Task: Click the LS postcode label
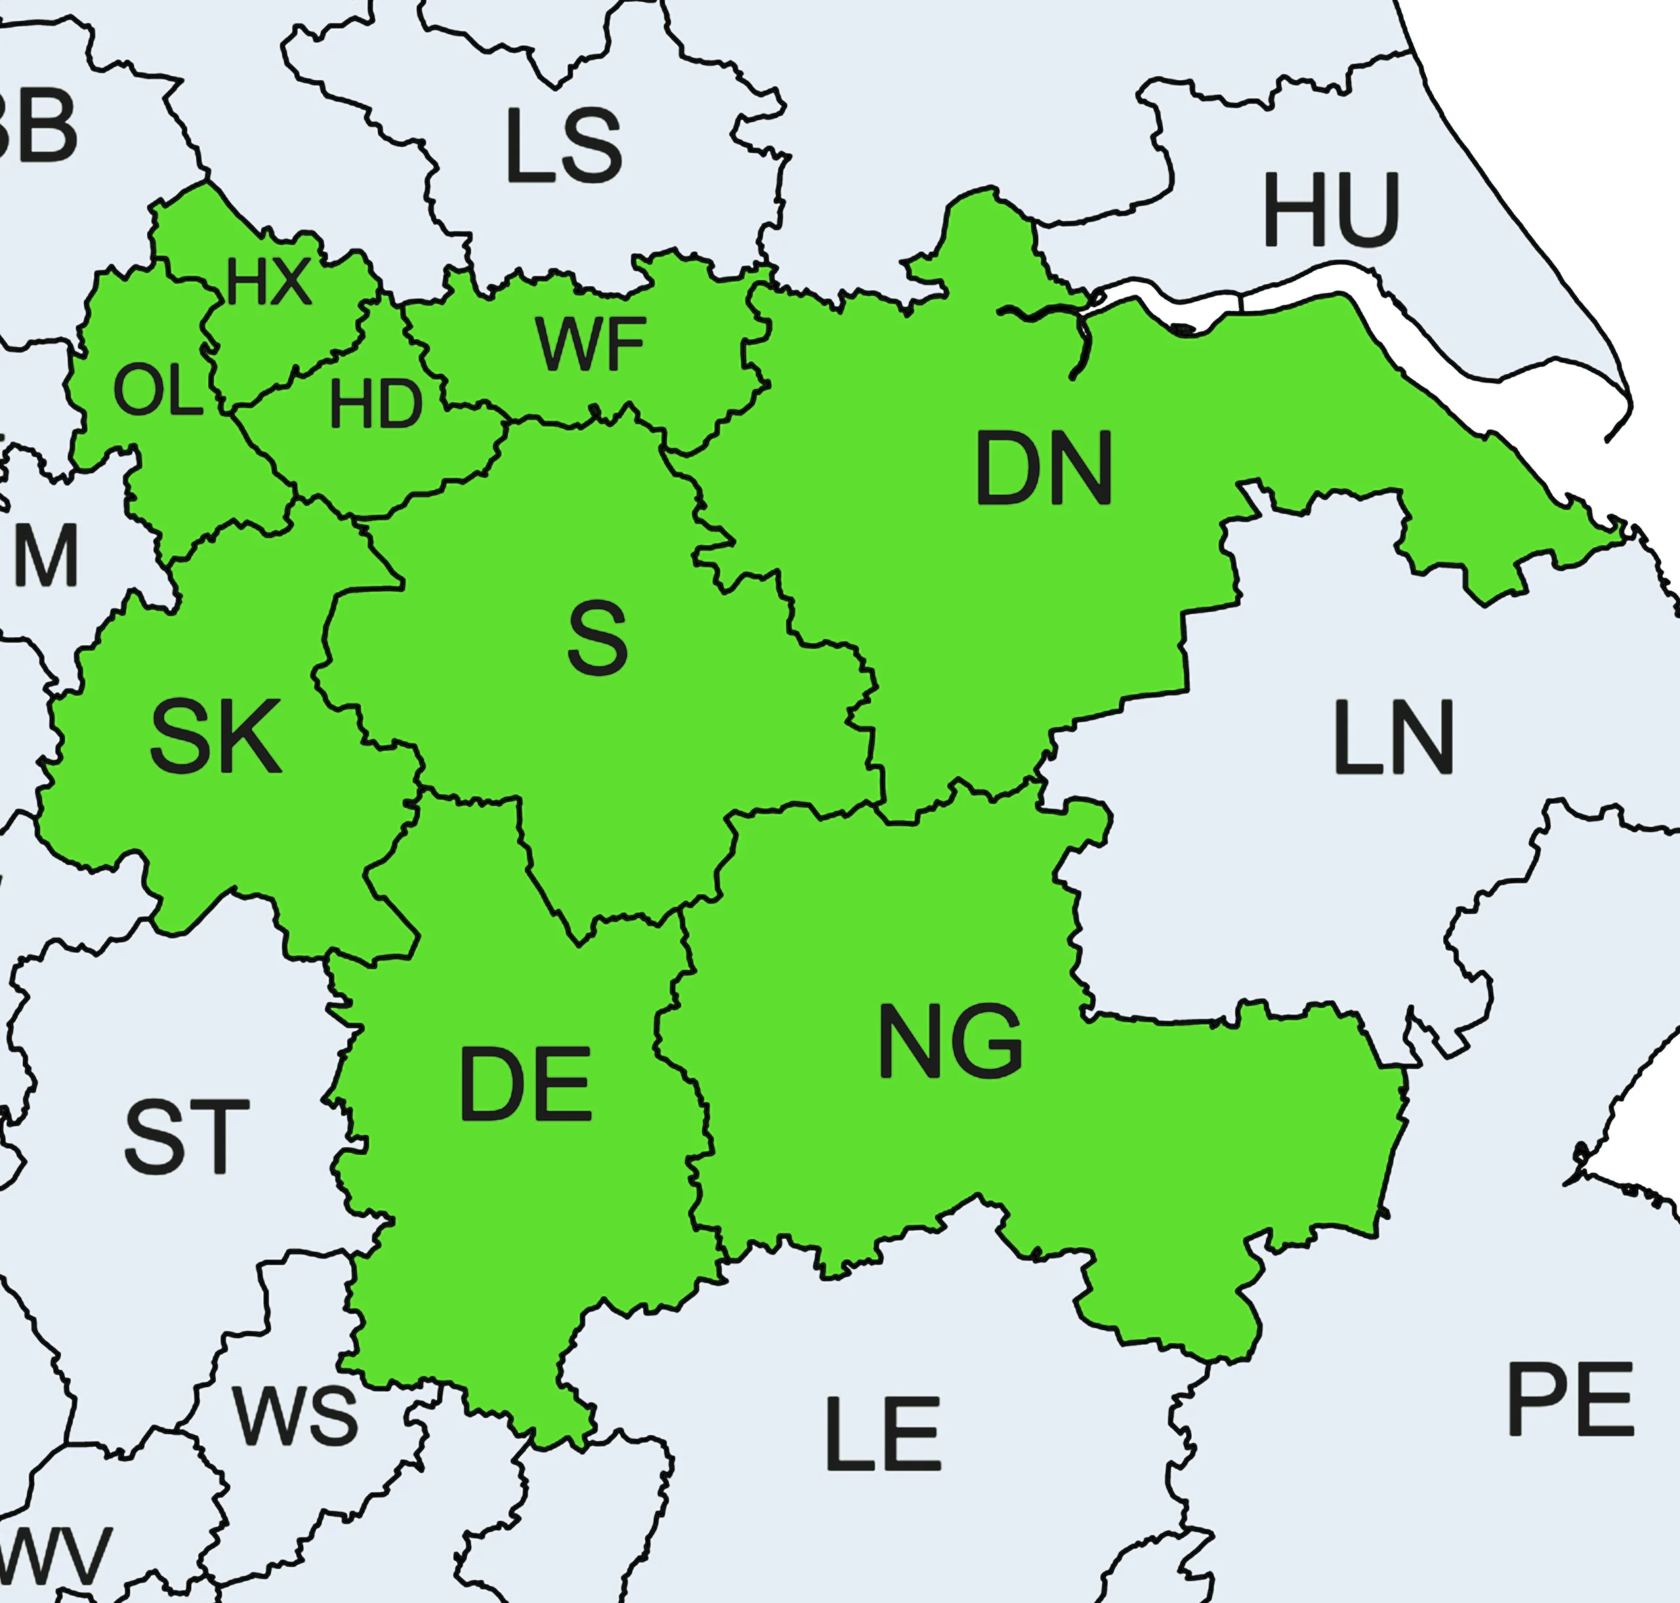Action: [563, 146]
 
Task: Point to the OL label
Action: [158, 391]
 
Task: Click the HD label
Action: [376, 404]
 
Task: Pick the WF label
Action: [591, 344]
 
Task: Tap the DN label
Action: [1043, 468]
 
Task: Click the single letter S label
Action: [597, 637]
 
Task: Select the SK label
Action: [215, 737]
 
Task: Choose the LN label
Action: [1393, 738]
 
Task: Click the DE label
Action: [526, 1085]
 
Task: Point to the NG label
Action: [950, 1041]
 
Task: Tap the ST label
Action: [186, 1136]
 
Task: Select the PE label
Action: [1570, 1400]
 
